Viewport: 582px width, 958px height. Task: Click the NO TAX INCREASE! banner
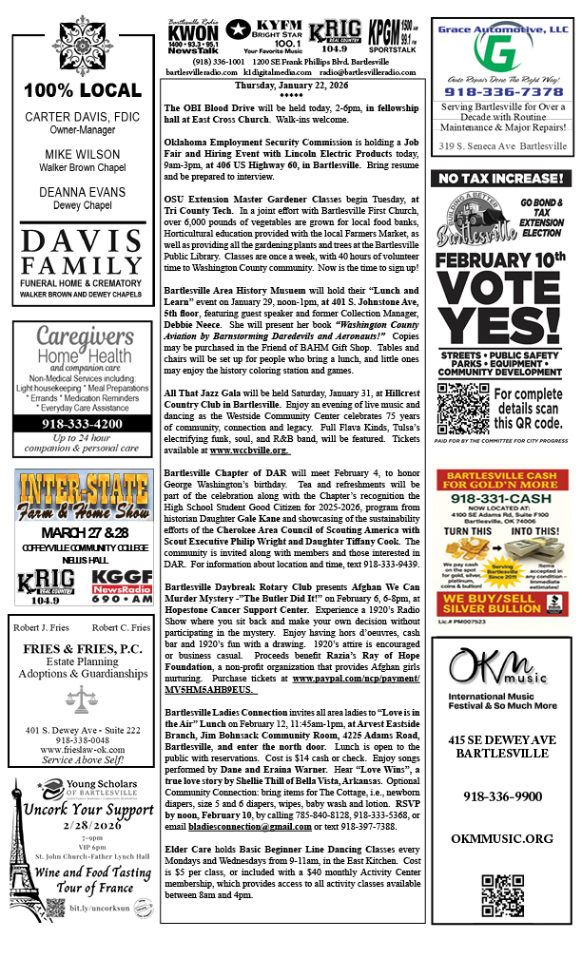tap(499, 179)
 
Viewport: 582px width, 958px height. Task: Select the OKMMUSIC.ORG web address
tap(501, 838)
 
